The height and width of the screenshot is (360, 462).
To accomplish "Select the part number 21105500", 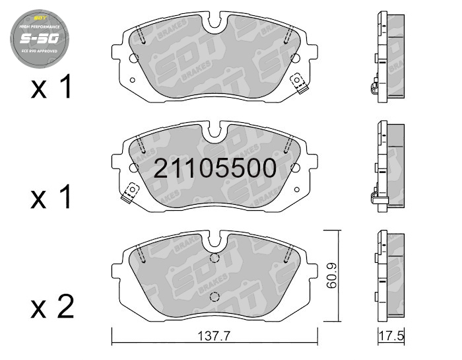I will point(215,169).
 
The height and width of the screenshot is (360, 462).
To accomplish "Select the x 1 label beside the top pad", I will point(52,88).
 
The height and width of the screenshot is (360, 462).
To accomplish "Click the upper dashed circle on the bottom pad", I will point(213,259).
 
